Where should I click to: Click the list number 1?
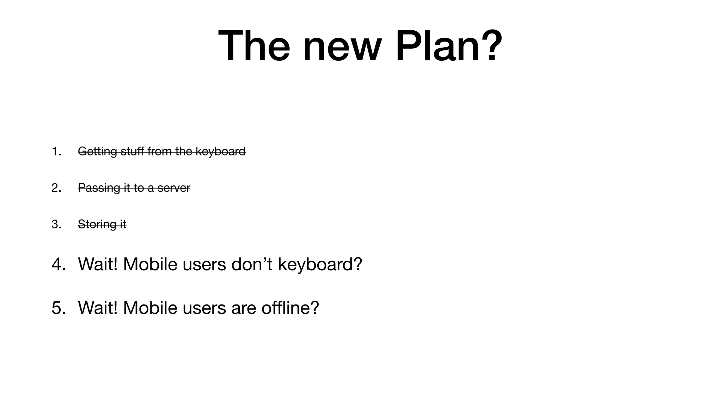(56, 152)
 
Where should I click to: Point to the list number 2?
(56, 188)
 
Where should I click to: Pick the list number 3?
(56, 224)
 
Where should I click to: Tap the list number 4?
(58, 264)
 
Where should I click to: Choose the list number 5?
(58, 308)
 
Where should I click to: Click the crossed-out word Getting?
(97, 152)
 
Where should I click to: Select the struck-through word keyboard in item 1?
(220, 152)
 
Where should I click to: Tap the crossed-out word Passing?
(99, 188)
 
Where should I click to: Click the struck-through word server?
(174, 188)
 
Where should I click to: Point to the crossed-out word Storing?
(97, 224)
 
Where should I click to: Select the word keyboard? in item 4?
(320, 264)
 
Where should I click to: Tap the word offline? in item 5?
(290, 308)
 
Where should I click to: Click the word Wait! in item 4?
(98, 264)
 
